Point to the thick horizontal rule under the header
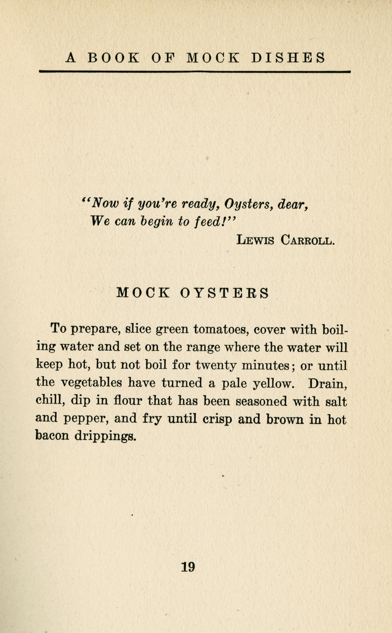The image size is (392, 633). point(195,71)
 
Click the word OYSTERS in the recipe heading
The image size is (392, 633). point(225,293)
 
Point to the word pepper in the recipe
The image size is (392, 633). point(83,419)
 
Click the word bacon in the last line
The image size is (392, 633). point(52,436)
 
